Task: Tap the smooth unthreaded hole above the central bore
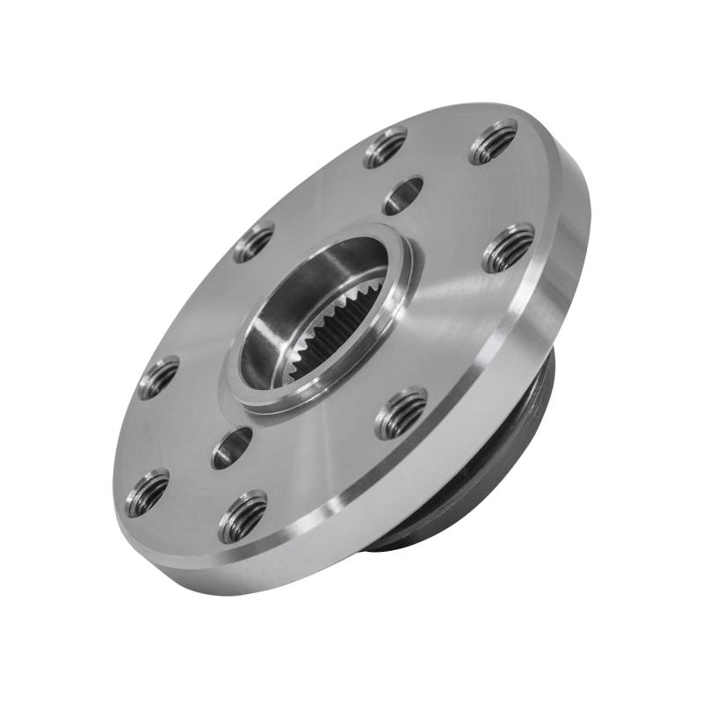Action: pyautogui.click(x=403, y=194)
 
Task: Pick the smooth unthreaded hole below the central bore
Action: pyautogui.click(x=232, y=447)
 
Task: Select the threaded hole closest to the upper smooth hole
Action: pyautogui.click(x=385, y=147)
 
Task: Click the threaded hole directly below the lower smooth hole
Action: pyautogui.click(x=243, y=517)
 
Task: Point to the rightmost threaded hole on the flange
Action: pyautogui.click(x=509, y=248)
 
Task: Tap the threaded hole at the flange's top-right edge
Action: pyautogui.click(x=493, y=141)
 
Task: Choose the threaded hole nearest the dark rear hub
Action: pyautogui.click(x=402, y=412)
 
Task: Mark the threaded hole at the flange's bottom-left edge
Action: pyautogui.click(x=147, y=492)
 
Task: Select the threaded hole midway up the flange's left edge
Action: pyautogui.click(x=158, y=377)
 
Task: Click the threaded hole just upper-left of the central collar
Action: pyautogui.click(x=253, y=242)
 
